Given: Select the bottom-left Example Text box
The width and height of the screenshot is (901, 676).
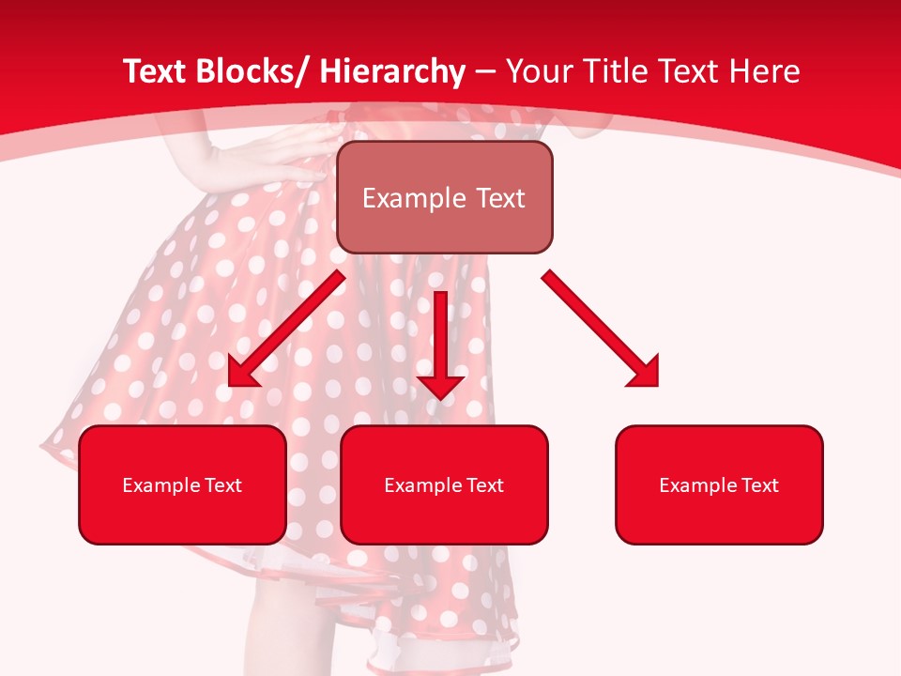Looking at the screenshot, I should pyautogui.click(x=182, y=484).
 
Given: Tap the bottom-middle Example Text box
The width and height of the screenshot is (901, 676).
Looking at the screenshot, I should pyautogui.click(x=444, y=484).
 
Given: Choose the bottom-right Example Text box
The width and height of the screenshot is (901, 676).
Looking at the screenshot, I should pyautogui.click(x=719, y=484).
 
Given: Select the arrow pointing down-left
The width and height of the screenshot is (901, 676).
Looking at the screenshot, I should pyautogui.click(x=286, y=329).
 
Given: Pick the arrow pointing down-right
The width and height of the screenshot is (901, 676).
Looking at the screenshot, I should pyautogui.click(x=601, y=329).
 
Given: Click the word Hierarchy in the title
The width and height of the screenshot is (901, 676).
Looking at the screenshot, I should pyautogui.click(x=391, y=71).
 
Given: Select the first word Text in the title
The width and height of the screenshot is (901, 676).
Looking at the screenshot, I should pyautogui.click(x=155, y=71).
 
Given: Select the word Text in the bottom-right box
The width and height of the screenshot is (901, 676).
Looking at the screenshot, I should pyautogui.click(x=759, y=484).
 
